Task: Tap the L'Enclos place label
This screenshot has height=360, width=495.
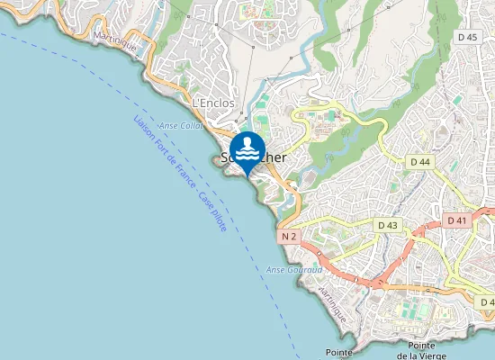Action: coord(213,103)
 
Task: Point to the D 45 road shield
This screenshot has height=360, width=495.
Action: coord(466,37)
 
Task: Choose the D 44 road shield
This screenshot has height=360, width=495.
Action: coord(420,162)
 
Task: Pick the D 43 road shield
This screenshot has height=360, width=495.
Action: coord(388,224)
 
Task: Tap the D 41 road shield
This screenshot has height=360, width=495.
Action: coord(457,220)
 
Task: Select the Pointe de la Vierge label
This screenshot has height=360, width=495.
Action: coord(427,351)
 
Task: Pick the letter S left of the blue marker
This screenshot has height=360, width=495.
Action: coord(225,158)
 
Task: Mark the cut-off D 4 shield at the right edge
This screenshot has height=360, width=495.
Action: coord(487,301)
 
